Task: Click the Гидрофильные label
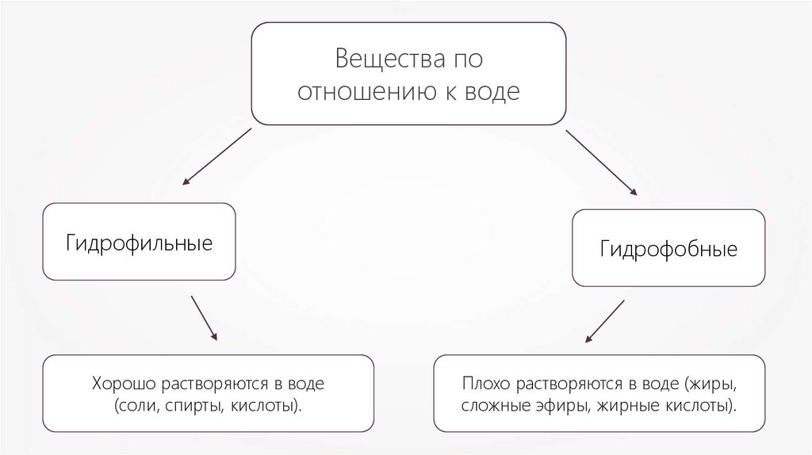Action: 139,242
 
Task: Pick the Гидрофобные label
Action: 668,250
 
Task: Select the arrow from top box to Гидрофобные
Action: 601,162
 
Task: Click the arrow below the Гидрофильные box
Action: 204,319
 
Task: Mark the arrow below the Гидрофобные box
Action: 604,322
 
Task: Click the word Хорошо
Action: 125,385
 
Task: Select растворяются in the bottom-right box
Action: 569,385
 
